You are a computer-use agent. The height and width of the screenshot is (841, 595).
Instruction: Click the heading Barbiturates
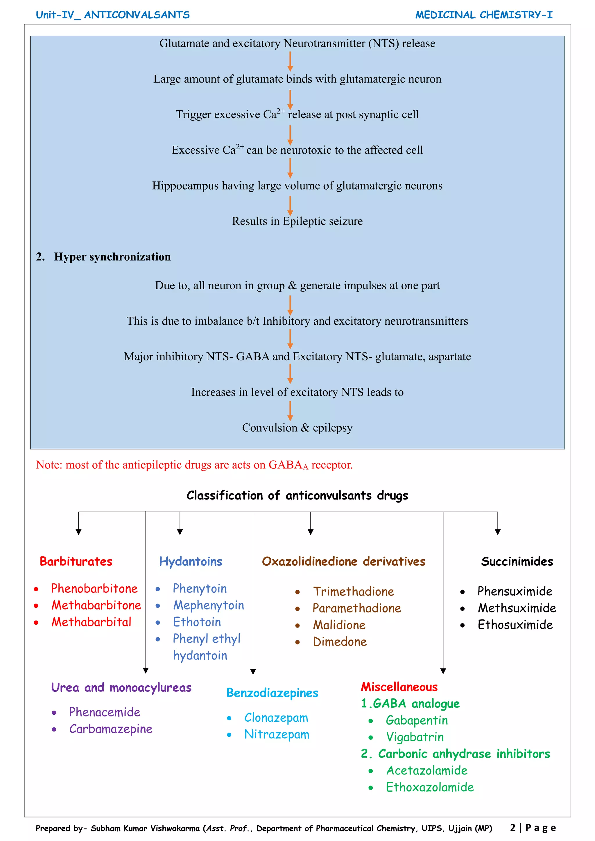coord(76,562)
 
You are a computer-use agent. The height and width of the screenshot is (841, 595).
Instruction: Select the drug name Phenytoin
coord(200,589)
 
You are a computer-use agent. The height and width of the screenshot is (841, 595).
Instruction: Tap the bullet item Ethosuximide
coord(515,625)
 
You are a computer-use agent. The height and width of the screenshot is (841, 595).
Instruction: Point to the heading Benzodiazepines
coord(272,693)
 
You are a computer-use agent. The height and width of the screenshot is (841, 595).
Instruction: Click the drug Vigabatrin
coord(415,737)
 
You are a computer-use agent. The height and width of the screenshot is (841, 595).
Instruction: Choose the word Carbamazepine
coord(111,729)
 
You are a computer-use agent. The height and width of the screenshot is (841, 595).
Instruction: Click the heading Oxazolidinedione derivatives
coord(344,562)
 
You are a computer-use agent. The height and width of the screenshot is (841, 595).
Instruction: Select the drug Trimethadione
coord(354,592)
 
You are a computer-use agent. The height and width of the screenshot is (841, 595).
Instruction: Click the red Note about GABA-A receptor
coord(194,465)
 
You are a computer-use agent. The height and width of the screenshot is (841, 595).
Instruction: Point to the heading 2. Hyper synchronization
coord(103,257)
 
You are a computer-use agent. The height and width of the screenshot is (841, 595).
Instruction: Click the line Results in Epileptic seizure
coord(297,221)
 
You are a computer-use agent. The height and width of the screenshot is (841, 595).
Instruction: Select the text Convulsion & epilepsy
coord(297,428)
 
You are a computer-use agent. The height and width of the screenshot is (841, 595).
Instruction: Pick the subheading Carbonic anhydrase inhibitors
coord(464,754)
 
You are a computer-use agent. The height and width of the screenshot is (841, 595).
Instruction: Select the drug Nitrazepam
coord(277,734)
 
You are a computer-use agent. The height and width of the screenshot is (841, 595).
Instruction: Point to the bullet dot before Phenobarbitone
coord(36,589)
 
